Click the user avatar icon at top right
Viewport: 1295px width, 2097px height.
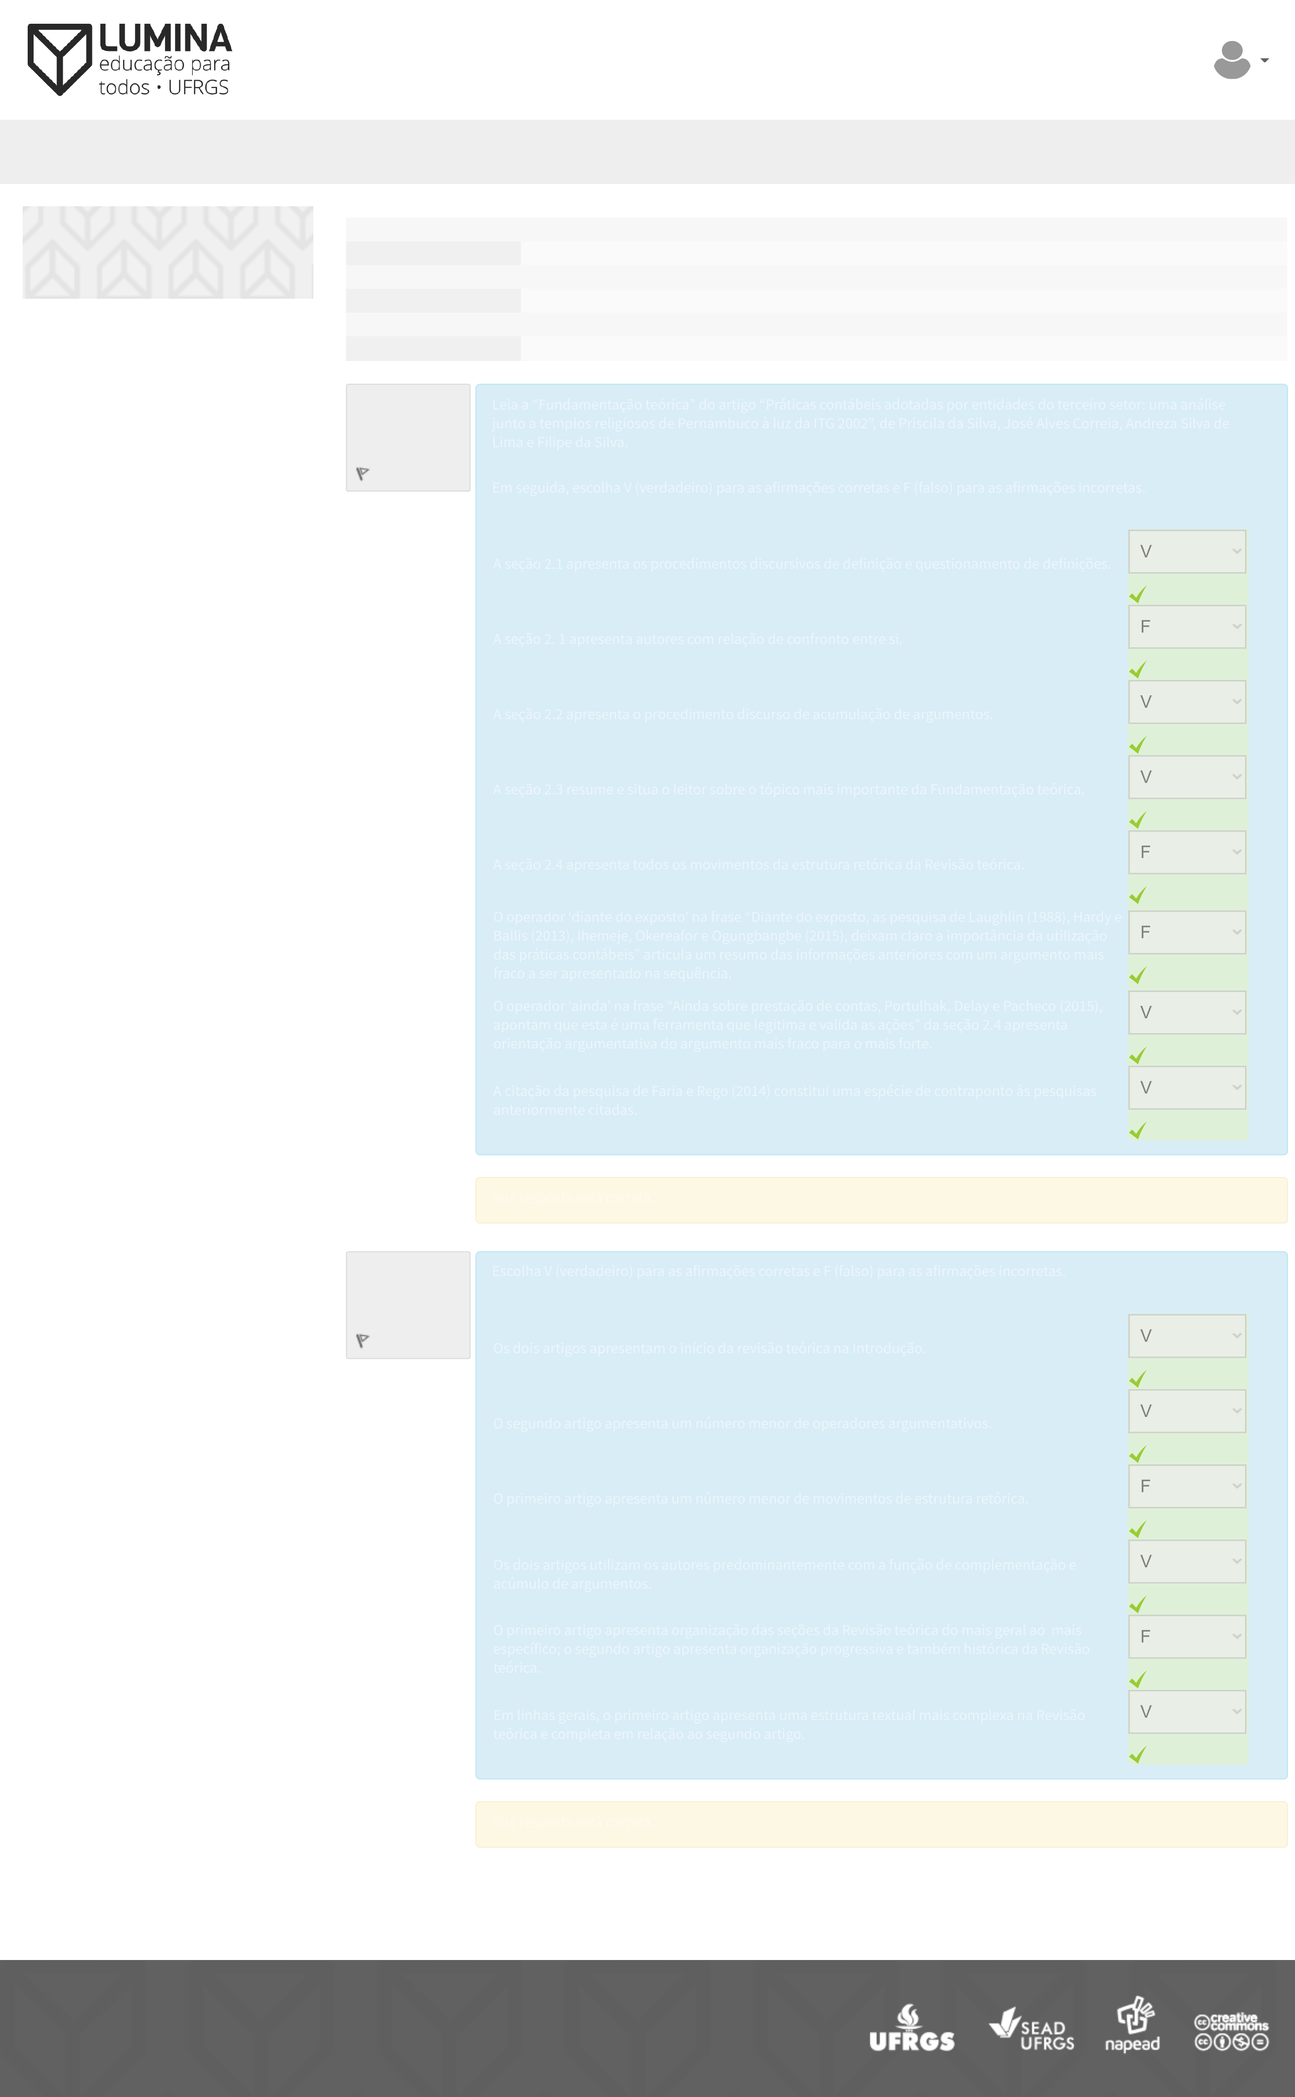coord(1232,60)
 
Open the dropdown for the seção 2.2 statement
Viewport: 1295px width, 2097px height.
coord(1186,702)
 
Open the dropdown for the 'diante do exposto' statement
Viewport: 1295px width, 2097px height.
coord(1186,932)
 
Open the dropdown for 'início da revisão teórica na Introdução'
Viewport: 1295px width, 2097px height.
coord(1186,1336)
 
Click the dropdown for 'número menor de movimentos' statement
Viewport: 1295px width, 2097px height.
coord(1186,1487)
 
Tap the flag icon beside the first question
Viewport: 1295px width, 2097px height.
coord(362,474)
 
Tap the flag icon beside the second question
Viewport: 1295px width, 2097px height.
coord(362,1341)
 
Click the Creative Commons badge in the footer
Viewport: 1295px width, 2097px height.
coord(1232,2031)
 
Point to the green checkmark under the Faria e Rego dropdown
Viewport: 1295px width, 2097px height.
coord(1137,1131)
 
